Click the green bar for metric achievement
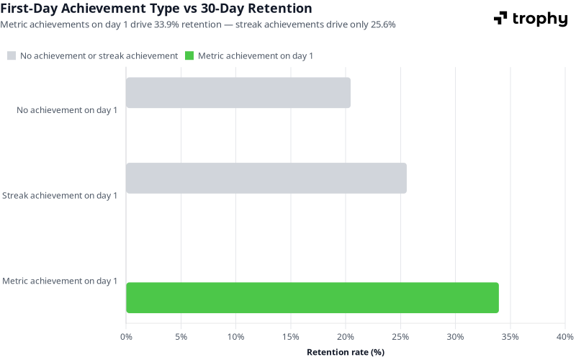tap(312, 297)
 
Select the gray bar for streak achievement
tap(266, 178)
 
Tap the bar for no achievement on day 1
tap(238, 93)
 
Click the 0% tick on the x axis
tap(126, 336)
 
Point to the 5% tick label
tap(181, 336)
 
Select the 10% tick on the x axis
tap(235, 336)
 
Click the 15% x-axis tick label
tap(290, 336)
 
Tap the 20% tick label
tap(346, 336)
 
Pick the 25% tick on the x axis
tap(400, 336)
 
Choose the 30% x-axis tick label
tap(455, 336)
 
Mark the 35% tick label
tap(510, 336)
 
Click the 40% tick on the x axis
tap(564, 336)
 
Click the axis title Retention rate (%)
tap(346, 352)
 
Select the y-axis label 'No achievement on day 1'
tap(66, 111)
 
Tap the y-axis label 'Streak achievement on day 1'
tap(60, 195)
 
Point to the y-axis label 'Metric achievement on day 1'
tap(60, 281)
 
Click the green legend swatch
tap(189, 55)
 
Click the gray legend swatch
tap(12, 55)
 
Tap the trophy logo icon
tap(500, 19)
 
